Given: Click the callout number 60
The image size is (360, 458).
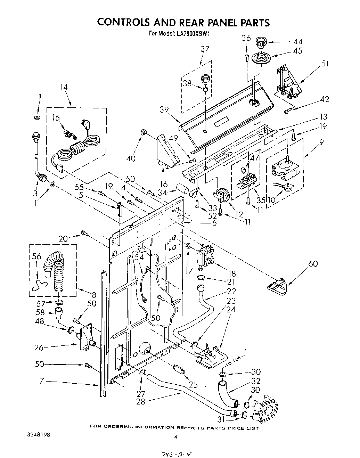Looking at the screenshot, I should click(313, 263).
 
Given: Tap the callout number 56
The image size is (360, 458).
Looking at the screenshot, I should click(36, 256).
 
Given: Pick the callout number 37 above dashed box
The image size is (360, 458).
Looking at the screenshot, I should click(205, 49).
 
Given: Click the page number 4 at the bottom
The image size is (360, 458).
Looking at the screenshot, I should click(176, 437).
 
